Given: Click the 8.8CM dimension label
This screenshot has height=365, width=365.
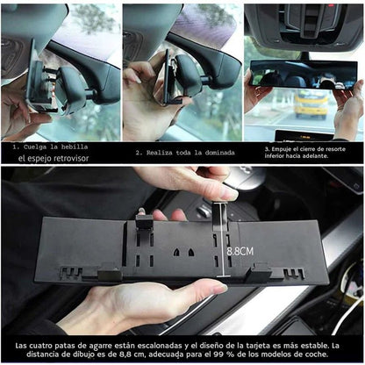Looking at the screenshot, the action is point(240,251).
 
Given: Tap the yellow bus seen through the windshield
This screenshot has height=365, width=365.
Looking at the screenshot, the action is point(311,104).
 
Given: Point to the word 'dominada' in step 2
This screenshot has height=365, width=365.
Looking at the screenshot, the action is point(218,153).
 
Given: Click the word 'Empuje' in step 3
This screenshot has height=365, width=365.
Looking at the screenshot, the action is point(281,149).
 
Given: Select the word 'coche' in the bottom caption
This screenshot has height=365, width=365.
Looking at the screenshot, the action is point(317,354).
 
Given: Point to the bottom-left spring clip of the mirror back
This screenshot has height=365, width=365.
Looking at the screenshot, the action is point(110,274).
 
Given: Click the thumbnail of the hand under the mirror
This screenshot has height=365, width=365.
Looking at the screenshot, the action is point(219,289).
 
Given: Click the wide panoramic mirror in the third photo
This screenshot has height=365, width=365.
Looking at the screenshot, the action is point(303,75).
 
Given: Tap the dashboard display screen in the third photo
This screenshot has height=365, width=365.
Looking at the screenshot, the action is point(304,135).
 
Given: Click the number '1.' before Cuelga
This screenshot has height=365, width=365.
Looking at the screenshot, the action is point(16,147).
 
